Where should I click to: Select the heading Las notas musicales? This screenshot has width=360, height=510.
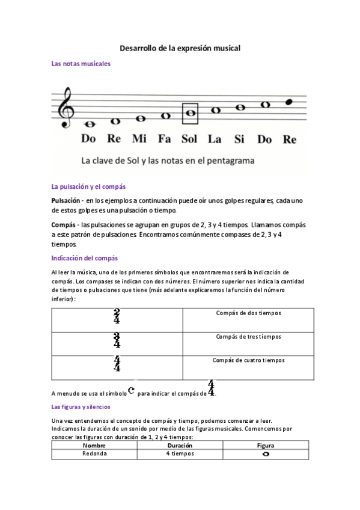click(x=81, y=64)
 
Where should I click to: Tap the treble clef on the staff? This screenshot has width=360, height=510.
click(x=65, y=108)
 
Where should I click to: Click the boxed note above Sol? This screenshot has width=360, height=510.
click(x=190, y=112)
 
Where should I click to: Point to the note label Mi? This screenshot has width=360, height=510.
click(x=139, y=139)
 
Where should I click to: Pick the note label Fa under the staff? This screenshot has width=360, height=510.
click(x=165, y=139)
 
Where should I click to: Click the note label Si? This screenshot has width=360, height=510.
click(x=239, y=139)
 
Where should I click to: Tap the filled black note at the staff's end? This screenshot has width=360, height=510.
click(x=289, y=102)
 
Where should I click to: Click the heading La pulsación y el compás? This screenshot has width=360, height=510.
click(x=88, y=186)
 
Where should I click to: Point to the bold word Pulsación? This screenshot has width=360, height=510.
click(x=66, y=200)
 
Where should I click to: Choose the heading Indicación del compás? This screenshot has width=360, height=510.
click(x=84, y=258)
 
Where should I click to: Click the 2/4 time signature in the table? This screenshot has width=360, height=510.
click(x=117, y=316)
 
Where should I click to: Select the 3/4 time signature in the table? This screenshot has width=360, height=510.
click(x=117, y=340)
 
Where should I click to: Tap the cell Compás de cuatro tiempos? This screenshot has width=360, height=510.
click(x=248, y=360)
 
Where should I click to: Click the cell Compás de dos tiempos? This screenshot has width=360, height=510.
click(x=248, y=313)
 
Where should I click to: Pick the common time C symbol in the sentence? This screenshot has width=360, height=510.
click(x=132, y=391)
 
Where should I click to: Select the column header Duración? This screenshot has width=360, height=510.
click(x=180, y=446)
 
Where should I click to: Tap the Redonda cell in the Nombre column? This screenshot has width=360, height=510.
click(x=95, y=454)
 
